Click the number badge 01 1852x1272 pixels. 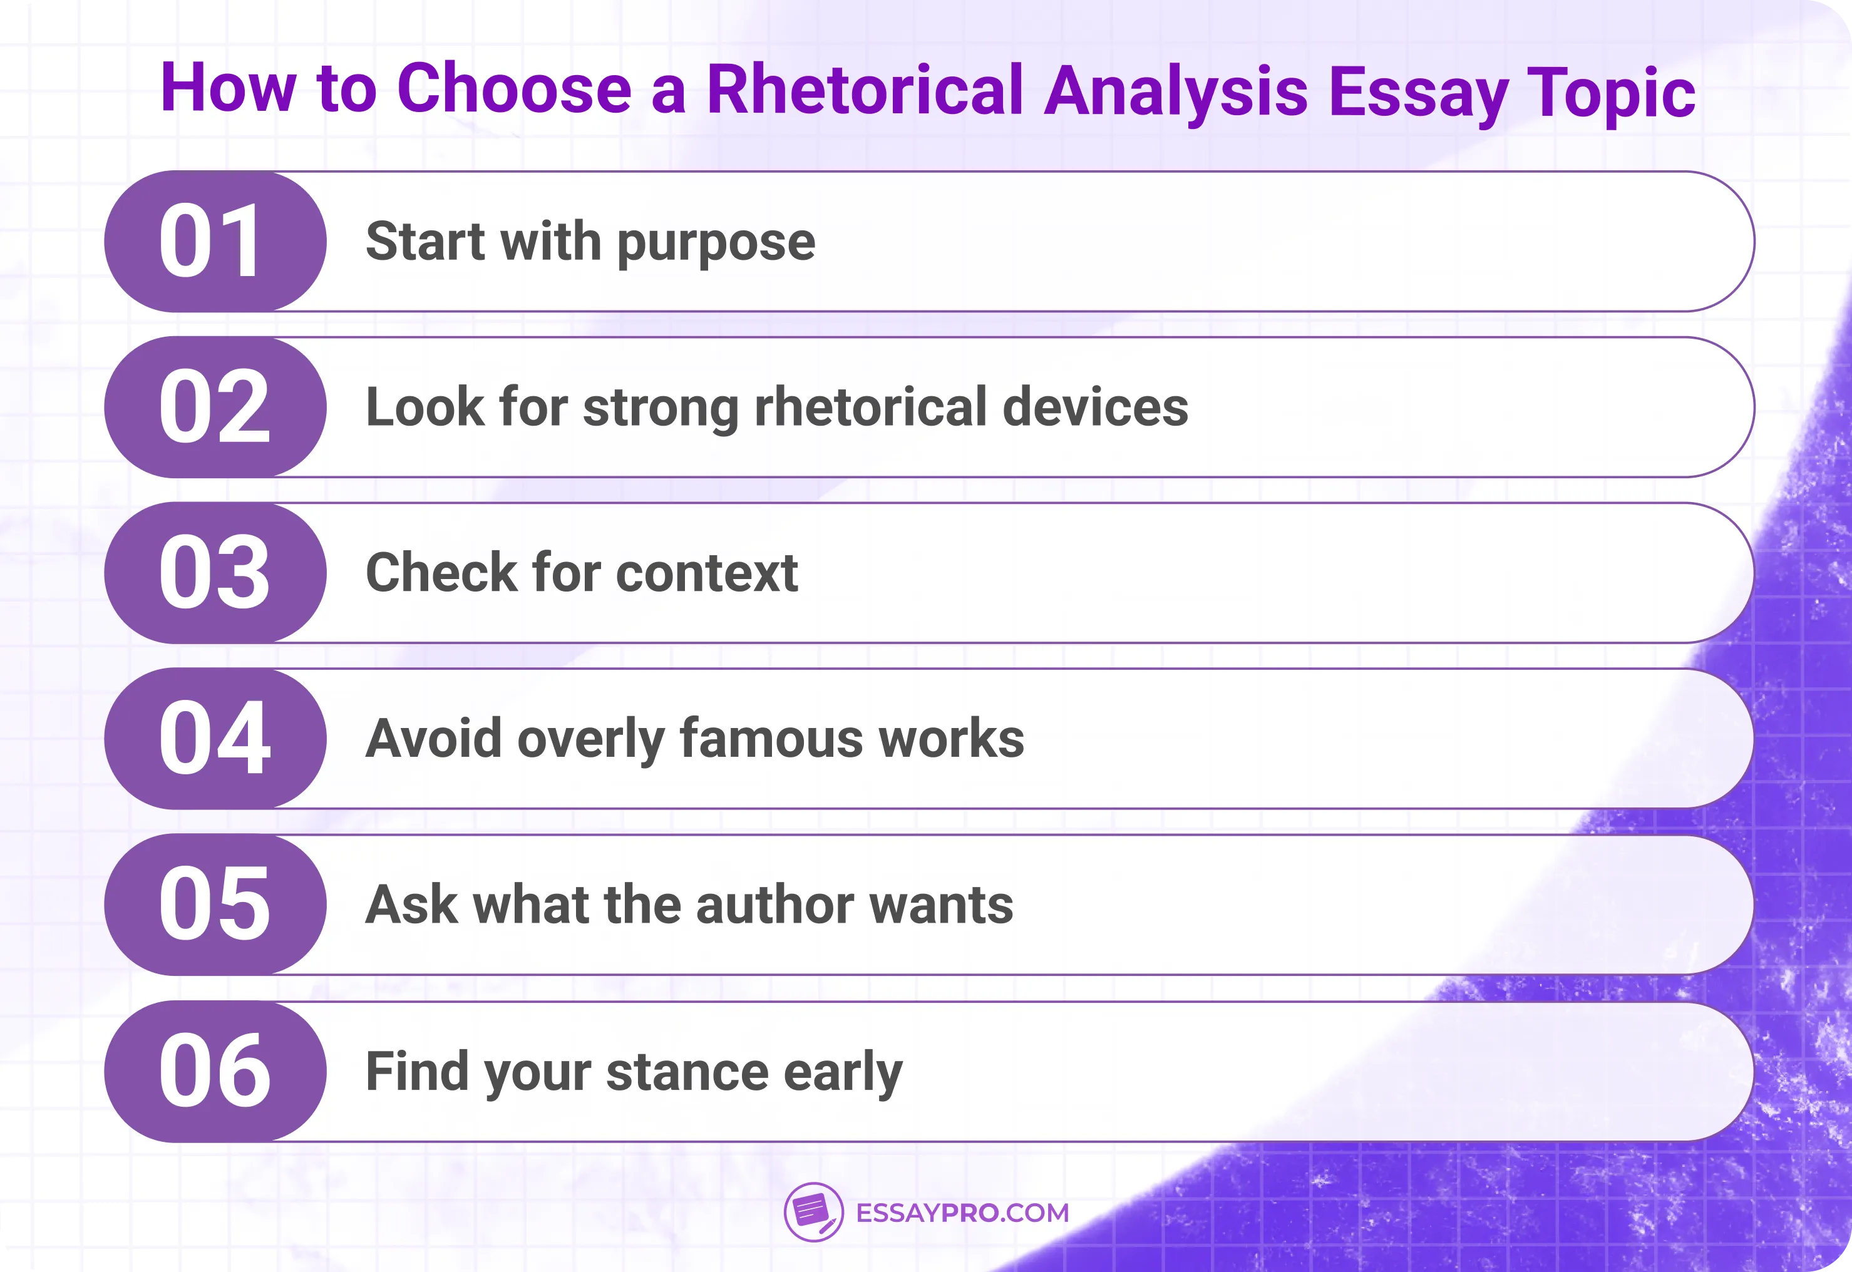213,241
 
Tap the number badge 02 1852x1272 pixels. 213,408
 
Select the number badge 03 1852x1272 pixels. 213,572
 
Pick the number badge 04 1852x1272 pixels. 213,738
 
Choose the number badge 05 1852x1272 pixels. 213,904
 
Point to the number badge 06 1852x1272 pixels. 213,1070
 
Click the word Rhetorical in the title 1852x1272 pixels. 864,90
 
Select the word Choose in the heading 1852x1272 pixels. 514,90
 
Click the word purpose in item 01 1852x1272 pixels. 716,243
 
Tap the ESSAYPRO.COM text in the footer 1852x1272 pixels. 962,1213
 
